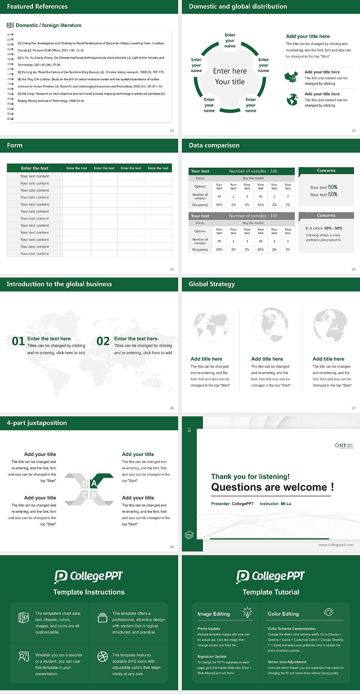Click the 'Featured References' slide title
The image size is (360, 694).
[x=37, y=6]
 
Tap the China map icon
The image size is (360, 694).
[x=291, y=77]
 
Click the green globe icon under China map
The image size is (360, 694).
[x=292, y=99]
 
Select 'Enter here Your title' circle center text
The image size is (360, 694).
[x=230, y=76]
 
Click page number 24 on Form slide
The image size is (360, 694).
[x=172, y=269]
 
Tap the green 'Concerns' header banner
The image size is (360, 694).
[x=326, y=171]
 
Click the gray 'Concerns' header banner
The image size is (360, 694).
[x=326, y=216]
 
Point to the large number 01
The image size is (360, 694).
[x=18, y=341]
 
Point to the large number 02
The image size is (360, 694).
[x=103, y=341]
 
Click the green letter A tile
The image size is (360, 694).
[x=94, y=483]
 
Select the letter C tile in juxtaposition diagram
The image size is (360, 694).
[x=85, y=495]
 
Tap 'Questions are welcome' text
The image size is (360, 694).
[x=269, y=487]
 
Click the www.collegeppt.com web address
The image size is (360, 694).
[x=336, y=545]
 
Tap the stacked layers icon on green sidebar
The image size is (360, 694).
[x=189, y=535]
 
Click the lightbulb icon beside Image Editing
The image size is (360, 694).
[x=247, y=612]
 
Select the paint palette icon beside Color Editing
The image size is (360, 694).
[x=328, y=612]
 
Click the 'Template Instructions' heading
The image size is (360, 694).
[x=89, y=592]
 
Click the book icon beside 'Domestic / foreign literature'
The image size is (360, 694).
[x=10, y=25]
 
